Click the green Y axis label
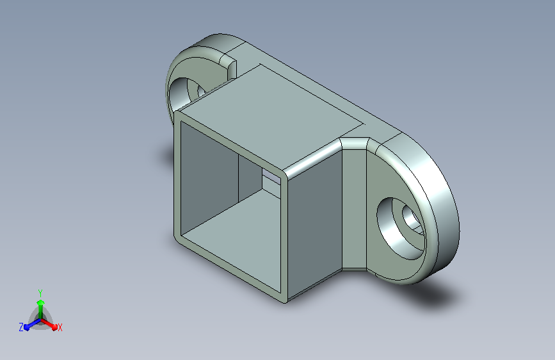[40, 293]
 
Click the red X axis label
[60, 327]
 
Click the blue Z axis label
[21, 327]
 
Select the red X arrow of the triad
[49, 324]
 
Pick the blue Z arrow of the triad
[32, 324]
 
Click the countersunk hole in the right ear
[401, 228]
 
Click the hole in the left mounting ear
[185, 92]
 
